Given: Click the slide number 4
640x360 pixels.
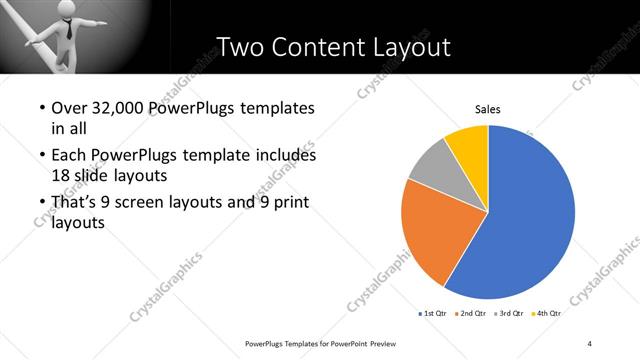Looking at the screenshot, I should tap(590, 343).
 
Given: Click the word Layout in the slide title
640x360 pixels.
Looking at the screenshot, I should tap(409, 47).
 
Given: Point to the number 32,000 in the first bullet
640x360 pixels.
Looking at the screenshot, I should tap(123, 107).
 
